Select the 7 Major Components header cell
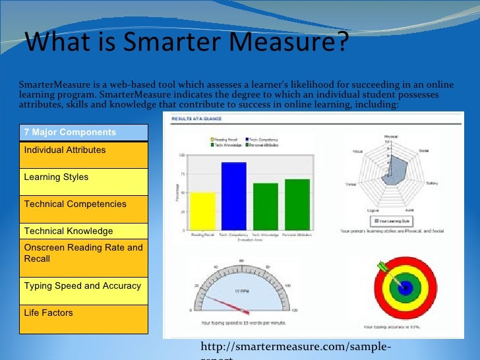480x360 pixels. pyautogui.click(x=82, y=132)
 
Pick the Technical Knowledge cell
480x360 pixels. pyautogui.click(x=82, y=231)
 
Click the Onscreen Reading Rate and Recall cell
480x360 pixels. pyautogui.click(x=82, y=253)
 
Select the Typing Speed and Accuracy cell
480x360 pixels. pyautogui.click(x=82, y=286)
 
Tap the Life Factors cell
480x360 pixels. pyautogui.click(x=82, y=315)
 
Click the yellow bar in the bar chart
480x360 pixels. pyautogui.click(x=202, y=210)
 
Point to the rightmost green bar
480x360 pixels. pyautogui.click(x=297, y=204)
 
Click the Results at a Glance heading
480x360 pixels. pyautogui.click(x=197, y=119)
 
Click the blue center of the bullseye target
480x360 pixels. pyautogui.click(x=405, y=288)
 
